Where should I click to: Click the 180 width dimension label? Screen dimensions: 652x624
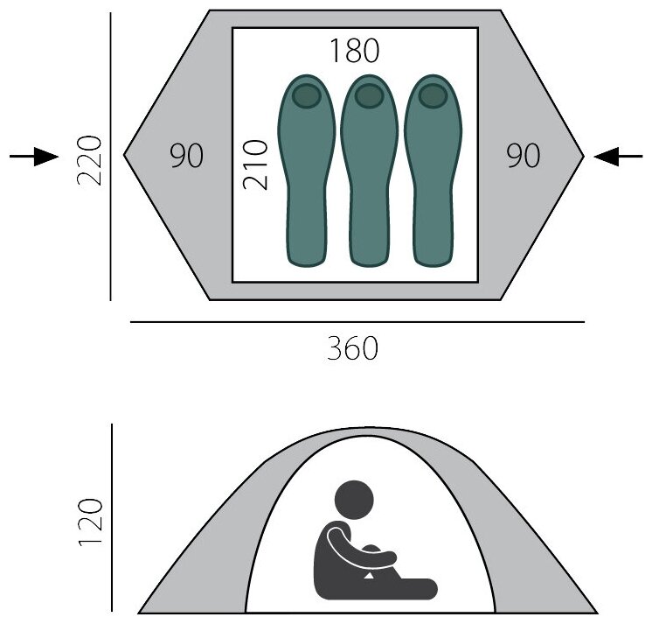[x=355, y=52]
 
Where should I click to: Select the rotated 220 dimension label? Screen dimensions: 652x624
[x=90, y=160]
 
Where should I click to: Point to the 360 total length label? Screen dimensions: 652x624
[x=353, y=349]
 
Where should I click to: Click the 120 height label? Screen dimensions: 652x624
[x=91, y=522]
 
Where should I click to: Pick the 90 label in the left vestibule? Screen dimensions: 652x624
[x=186, y=157]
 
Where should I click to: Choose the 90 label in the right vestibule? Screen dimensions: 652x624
[x=524, y=157]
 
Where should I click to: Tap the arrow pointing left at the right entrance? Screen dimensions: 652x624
[x=618, y=157]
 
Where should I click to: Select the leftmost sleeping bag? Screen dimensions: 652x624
[x=305, y=175]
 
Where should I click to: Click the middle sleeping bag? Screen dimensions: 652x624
[x=369, y=175]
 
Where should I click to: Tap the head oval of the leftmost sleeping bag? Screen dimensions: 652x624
[x=306, y=95]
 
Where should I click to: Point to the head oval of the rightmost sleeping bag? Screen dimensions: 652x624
[x=433, y=95]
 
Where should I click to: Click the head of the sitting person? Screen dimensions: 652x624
[x=354, y=500]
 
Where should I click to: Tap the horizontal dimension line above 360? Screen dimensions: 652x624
[x=357, y=322]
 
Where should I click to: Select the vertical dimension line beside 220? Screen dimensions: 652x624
[x=111, y=158]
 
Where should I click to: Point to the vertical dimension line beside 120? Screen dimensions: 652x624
[x=112, y=516]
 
